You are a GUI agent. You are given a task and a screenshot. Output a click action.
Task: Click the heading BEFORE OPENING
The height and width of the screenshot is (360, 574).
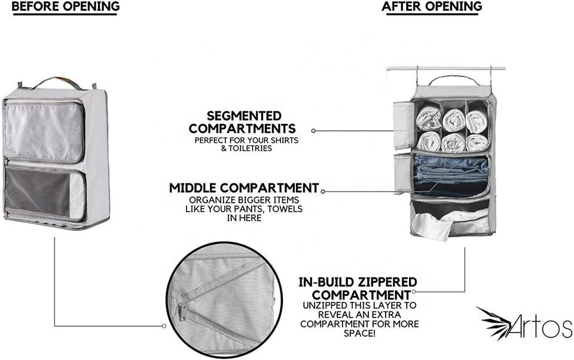pos(66,7)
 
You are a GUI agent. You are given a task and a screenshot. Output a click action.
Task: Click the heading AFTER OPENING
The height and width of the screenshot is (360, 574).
pos(432,7)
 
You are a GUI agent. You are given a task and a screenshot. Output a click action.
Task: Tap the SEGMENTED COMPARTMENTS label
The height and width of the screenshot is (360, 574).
pos(243,122)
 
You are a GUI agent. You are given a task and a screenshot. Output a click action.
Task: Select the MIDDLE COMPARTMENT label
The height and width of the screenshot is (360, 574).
pos(244,188)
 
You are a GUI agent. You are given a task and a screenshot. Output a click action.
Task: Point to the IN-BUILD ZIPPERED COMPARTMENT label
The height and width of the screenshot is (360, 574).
pos(358,288)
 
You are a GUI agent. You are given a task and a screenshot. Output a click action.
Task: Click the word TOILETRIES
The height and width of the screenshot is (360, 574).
pos(246,148)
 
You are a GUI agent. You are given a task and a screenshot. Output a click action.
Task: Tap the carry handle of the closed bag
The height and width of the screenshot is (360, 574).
pos(57,81)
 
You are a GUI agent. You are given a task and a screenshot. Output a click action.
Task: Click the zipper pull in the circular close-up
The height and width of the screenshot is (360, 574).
pos(181,312)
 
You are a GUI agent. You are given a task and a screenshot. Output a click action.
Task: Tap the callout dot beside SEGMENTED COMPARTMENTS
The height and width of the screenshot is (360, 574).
pos(314,130)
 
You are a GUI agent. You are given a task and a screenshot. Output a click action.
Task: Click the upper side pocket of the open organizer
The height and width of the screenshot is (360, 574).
pos(404,124)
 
